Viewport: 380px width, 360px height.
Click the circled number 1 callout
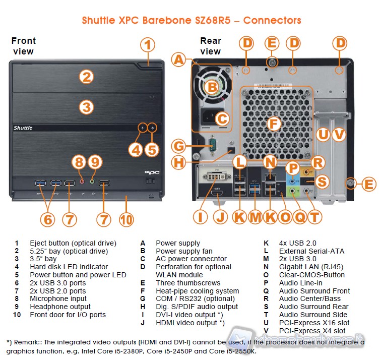point(147,45)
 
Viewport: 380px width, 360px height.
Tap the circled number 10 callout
point(125,220)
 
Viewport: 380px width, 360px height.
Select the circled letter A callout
point(179,61)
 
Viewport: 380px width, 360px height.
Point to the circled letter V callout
point(339,135)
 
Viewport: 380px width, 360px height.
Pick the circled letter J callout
point(220,217)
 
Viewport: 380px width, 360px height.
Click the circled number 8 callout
point(78,162)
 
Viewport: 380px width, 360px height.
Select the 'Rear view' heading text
point(211,46)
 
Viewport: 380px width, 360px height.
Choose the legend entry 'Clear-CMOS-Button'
point(311,275)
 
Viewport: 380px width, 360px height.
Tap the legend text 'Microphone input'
point(58,298)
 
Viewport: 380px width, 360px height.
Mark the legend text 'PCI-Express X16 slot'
point(314,323)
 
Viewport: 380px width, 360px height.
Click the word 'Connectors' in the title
point(272,21)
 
